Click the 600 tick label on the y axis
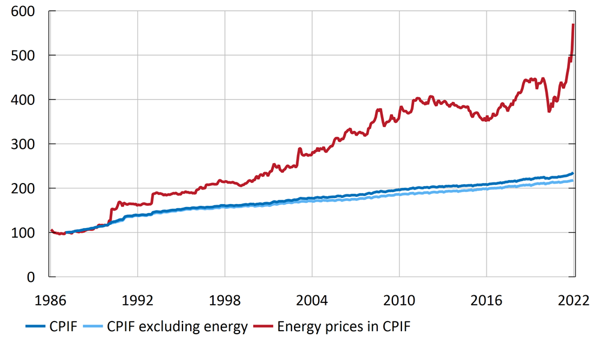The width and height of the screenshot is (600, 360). click(23, 11)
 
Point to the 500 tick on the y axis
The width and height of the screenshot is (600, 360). click(23, 56)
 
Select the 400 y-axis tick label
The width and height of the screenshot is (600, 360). click(23, 100)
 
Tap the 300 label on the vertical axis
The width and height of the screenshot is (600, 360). click(23, 144)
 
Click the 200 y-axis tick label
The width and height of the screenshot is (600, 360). click(23, 188)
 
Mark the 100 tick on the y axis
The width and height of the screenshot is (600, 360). click(23, 233)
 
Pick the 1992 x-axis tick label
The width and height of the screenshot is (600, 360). click(137, 299)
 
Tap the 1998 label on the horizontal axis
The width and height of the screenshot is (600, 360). click(224, 299)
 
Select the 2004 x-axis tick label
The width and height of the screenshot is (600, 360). click(312, 299)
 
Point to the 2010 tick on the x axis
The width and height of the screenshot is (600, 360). click(399, 299)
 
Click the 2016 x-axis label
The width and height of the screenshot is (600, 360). click(486, 299)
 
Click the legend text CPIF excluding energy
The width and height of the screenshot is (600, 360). click(177, 327)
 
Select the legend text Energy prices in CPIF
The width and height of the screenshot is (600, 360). click(344, 327)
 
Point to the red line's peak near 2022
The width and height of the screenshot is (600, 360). click(574, 25)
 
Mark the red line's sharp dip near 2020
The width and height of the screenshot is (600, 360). click(549, 111)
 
